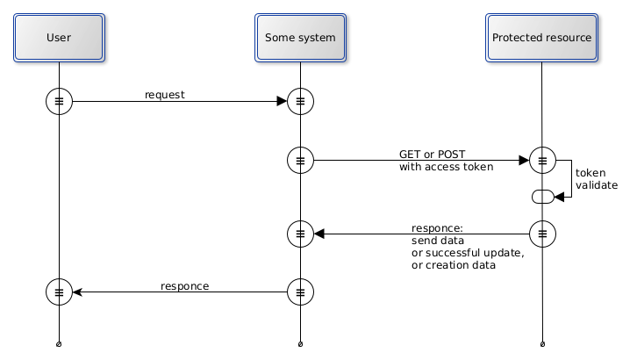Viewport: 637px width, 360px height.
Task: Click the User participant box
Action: tap(59, 38)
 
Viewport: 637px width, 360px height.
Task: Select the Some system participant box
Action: tap(300, 38)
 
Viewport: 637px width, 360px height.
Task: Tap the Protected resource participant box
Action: tap(541, 38)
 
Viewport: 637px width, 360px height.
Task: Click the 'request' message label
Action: tap(165, 95)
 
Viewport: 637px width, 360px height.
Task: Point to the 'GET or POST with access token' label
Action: tap(446, 161)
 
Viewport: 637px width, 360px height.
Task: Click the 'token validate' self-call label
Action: tap(596, 179)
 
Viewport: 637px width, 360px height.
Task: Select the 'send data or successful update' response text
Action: tap(467, 247)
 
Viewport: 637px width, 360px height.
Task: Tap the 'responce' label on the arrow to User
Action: tap(184, 286)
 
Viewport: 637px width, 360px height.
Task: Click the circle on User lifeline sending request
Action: tap(59, 102)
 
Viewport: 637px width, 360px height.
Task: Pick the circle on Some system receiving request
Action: tap(300, 102)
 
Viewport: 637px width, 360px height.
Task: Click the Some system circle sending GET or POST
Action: tap(300, 161)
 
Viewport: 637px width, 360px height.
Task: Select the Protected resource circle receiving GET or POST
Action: tap(542, 161)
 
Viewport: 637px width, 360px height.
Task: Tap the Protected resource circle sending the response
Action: tap(542, 234)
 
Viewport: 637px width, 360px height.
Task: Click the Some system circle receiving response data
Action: tap(300, 234)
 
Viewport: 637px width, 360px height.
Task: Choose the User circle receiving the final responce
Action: tap(59, 292)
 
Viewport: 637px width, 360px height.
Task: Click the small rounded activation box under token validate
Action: tap(542, 197)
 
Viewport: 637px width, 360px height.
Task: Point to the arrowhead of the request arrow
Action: tap(282, 102)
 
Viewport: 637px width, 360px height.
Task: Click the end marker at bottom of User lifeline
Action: tap(59, 343)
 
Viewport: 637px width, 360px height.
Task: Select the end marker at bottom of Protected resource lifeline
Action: tap(542, 343)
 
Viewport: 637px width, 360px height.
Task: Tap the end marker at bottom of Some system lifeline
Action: tap(300, 343)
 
